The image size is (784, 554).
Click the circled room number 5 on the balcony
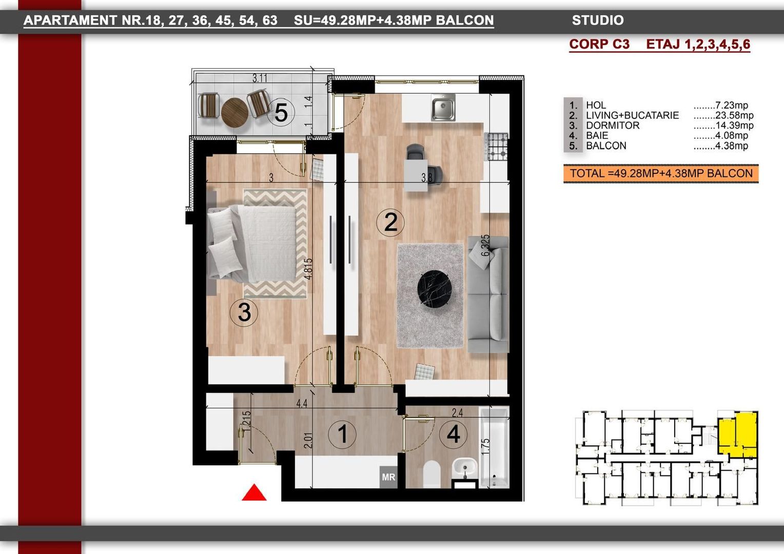coord(281,112)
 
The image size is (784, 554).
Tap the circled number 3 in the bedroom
coord(244,312)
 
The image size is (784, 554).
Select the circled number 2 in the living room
coord(390,222)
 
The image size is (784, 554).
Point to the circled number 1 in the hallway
coord(342,434)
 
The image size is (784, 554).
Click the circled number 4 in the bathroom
coord(453,434)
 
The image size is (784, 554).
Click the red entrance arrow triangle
coord(254,493)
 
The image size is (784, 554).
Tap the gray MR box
coord(388,477)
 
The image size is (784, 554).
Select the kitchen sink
coord(443,108)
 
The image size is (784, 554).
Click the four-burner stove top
coord(497,147)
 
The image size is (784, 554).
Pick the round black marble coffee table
coord(435,289)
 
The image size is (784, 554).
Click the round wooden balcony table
coord(234,111)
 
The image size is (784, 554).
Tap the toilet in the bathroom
coord(432,474)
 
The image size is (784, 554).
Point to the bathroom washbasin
coord(465,468)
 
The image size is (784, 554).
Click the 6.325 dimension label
coord(485,246)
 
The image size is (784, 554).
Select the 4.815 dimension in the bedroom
coord(308,268)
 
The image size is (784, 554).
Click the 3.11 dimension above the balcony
coord(260,78)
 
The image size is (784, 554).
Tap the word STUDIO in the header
coord(598,21)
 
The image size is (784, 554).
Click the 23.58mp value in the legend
coord(734,115)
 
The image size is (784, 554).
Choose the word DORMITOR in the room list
coord(613,126)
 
